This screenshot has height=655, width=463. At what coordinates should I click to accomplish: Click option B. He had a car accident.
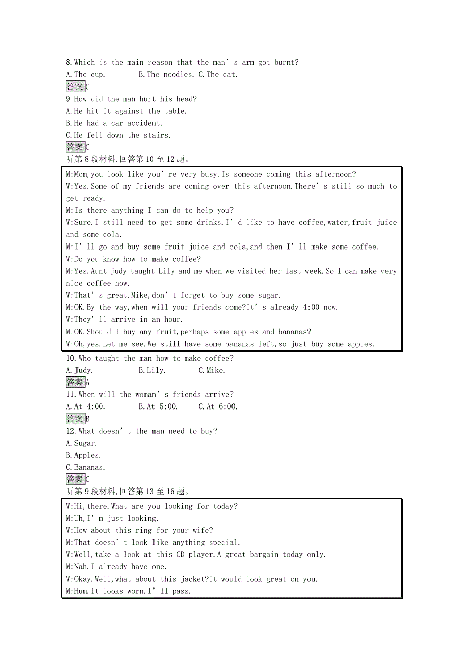pyautogui.click(x=114, y=123)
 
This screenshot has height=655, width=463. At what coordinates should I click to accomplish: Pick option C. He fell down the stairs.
pyautogui.click(x=118, y=135)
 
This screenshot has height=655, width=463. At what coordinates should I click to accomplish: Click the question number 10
pyautogui.click(x=70, y=359)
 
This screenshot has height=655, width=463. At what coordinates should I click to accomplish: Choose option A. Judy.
pyautogui.click(x=79, y=371)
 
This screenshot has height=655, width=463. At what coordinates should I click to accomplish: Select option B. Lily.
pyautogui.click(x=152, y=371)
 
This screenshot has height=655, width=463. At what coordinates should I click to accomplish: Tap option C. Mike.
pyautogui.click(x=212, y=371)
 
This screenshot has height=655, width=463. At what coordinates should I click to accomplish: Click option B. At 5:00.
pyautogui.click(x=158, y=407)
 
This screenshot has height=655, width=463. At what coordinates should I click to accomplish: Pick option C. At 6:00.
pyautogui.click(x=218, y=407)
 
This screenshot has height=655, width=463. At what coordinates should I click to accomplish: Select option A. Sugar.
pyautogui.click(x=82, y=443)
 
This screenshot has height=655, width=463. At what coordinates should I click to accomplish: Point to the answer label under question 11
pyautogui.click(x=75, y=419)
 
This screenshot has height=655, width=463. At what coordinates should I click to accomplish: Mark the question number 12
pyautogui.click(x=70, y=431)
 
